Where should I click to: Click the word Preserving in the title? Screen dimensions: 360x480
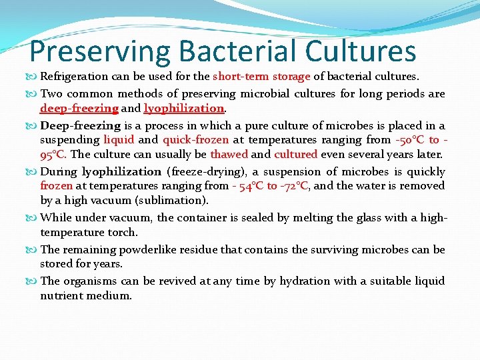[100, 52]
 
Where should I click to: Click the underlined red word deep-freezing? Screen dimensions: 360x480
[79, 108]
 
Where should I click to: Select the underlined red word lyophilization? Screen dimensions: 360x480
[185, 108]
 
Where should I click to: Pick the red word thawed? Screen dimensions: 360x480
[229, 154]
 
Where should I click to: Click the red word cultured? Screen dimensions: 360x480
[295, 154]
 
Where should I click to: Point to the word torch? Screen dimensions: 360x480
[123, 232]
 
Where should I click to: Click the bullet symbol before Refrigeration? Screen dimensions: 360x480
[33, 77]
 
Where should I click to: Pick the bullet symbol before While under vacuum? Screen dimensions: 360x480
[33, 218]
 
